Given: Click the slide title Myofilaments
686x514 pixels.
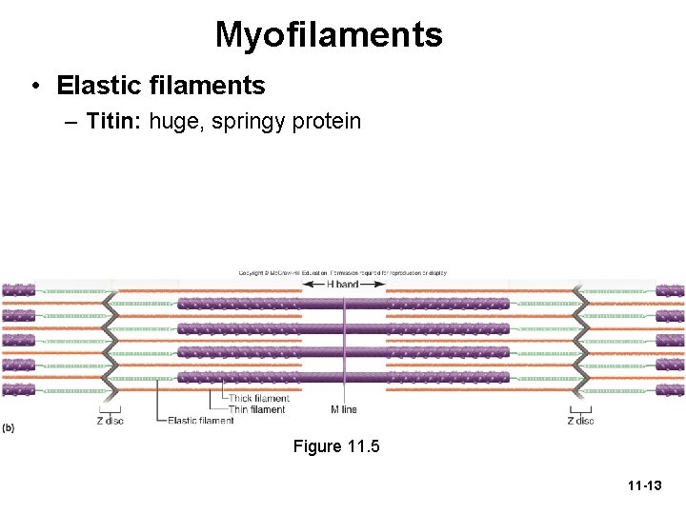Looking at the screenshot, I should pos(329,35).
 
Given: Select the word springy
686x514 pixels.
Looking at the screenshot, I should pos(242,123).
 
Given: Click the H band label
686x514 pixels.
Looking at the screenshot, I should pos(343,284).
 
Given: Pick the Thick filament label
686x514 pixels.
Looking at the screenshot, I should pos(258,399).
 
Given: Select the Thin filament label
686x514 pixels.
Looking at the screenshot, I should pos(256,410).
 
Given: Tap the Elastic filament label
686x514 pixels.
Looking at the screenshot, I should pos(201,421).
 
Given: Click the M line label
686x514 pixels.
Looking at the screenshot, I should pos(344,410).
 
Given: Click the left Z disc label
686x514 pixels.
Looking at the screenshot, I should pos(111,421).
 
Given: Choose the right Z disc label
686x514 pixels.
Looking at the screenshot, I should pos(580,421).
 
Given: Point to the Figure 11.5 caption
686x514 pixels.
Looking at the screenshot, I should pos(336,446).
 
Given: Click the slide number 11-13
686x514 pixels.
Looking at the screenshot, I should pos(645,486).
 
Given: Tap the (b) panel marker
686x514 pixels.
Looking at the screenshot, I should pos(8,427).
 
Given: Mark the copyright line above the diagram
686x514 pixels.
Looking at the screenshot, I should pos(342,273).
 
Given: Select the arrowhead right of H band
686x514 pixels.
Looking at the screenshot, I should pos(380,284).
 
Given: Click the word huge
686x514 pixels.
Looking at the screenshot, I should pos(173,123).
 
